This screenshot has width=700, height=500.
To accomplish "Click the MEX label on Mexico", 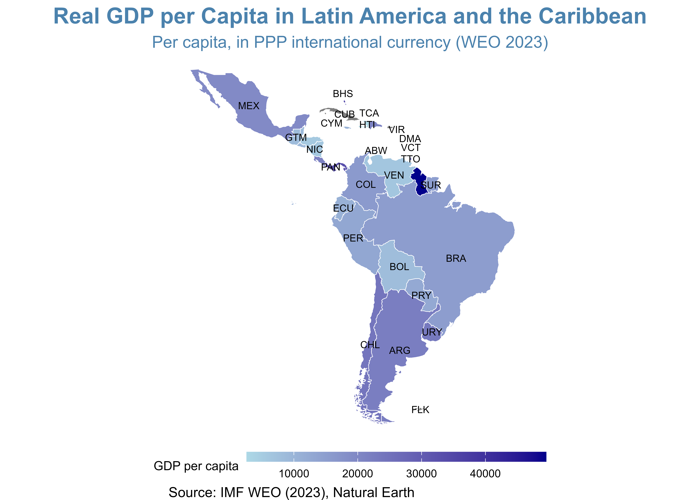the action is pos(249,106).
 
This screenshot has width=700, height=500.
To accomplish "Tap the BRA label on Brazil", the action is pos(456,259).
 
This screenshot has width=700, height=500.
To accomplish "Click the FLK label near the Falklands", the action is pos(420,410).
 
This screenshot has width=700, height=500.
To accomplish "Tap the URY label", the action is pos(432,332).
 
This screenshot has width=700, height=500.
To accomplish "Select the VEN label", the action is pos(394,175).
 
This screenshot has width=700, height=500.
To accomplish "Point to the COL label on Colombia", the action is pos(366,185).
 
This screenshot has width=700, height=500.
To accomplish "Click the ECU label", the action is pos(343,208).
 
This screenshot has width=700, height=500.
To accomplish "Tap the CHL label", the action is pos(370,345).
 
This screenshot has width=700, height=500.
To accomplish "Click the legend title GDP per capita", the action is pos(196,466).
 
